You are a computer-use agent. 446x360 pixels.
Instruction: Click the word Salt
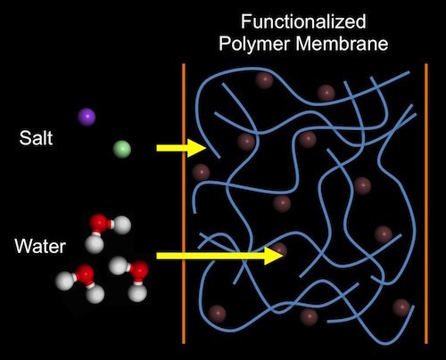click(36, 138)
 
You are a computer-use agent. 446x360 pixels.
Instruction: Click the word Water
click(40, 246)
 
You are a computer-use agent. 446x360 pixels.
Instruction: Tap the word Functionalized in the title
click(303, 22)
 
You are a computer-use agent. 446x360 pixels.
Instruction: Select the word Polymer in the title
click(254, 44)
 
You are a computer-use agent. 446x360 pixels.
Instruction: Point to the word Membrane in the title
click(343, 43)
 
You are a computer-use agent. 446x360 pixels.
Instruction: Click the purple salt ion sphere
click(87, 117)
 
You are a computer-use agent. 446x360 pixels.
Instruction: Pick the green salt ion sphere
click(122, 149)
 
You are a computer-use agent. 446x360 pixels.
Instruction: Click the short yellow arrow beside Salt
click(181, 148)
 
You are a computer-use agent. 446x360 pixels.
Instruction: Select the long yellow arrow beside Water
click(220, 256)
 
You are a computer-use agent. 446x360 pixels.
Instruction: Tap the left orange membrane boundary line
click(184, 203)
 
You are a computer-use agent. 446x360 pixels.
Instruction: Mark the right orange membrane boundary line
click(426, 203)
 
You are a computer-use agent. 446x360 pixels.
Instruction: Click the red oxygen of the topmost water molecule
click(99, 224)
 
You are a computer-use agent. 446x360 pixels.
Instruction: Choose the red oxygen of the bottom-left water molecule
click(85, 274)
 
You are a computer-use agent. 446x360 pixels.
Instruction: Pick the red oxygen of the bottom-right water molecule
click(138, 270)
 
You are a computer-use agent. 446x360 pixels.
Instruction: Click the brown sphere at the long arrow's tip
click(278, 251)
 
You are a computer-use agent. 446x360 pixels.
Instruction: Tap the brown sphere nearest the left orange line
click(201, 172)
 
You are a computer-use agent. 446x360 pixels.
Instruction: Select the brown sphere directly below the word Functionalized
click(264, 80)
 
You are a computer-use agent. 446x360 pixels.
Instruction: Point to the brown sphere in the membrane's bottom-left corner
click(217, 314)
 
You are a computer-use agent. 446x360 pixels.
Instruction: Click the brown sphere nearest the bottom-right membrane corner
click(401, 307)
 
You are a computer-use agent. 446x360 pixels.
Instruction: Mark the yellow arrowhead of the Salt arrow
click(197, 148)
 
